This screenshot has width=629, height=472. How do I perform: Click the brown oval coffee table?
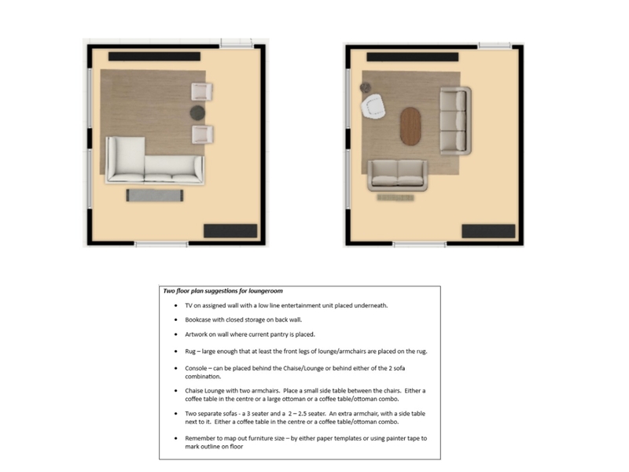coord(410,127)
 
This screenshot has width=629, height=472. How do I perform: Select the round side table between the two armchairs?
coord(197,113)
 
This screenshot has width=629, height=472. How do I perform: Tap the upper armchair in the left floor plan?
coord(204,92)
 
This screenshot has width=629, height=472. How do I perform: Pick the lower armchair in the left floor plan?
coord(204,134)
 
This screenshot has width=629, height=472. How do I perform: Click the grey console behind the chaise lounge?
coord(155,194)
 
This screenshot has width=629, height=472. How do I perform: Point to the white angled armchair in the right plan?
coord(372,105)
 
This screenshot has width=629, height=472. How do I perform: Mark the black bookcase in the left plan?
coord(230,230)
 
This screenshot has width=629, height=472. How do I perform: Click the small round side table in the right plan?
coord(365,85)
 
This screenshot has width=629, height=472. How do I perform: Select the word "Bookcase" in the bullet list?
coord(199,320)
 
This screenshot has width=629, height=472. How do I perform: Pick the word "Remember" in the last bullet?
coord(202,437)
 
